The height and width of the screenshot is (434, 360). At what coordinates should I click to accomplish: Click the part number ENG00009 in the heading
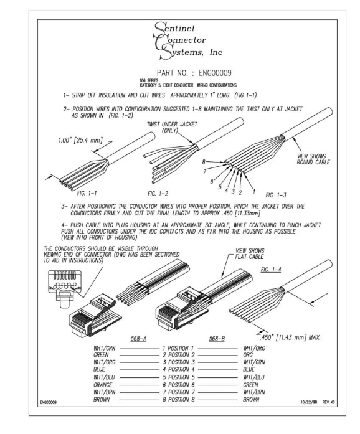pyautogui.click(x=215, y=73)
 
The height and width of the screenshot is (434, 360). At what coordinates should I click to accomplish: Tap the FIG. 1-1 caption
pyautogui.click(x=87, y=193)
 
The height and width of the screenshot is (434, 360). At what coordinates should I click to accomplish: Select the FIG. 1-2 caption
pyautogui.click(x=158, y=194)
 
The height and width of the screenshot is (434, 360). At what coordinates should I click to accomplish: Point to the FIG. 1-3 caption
pyautogui.click(x=276, y=195)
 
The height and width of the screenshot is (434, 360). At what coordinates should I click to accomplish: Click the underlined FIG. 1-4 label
pyautogui.click(x=271, y=270)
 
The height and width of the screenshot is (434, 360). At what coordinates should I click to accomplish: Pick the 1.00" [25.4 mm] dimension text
pyautogui.click(x=80, y=140)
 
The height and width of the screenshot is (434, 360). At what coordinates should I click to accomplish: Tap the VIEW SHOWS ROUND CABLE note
pyautogui.click(x=313, y=159)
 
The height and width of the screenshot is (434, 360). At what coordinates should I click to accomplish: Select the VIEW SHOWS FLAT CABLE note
pyautogui.click(x=250, y=253)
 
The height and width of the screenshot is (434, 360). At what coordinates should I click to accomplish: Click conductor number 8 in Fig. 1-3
pyautogui.click(x=204, y=162)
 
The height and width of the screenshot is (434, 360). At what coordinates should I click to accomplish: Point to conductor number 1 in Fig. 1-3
pyautogui.click(x=254, y=191)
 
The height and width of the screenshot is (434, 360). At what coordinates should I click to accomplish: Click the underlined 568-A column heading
pyautogui.click(x=138, y=339)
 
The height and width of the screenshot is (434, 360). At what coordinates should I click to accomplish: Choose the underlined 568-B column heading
pyautogui.click(x=217, y=339)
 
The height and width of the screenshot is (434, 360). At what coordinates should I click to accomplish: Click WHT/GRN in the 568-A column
pyautogui.click(x=105, y=348)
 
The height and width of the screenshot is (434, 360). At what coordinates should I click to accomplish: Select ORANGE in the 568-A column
pyautogui.click(x=103, y=385)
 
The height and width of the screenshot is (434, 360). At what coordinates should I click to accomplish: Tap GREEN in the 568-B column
pyautogui.click(x=250, y=385)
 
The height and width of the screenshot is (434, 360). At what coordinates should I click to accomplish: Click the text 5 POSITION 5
pyautogui.click(x=179, y=377)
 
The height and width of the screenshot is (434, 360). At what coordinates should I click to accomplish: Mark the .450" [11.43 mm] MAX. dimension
pyautogui.click(x=290, y=337)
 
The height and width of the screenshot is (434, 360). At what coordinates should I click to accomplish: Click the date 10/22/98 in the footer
pyautogui.click(x=308, y=402)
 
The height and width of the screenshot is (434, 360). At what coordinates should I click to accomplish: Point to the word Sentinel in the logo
pyautogui.click(x=174, y=28)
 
